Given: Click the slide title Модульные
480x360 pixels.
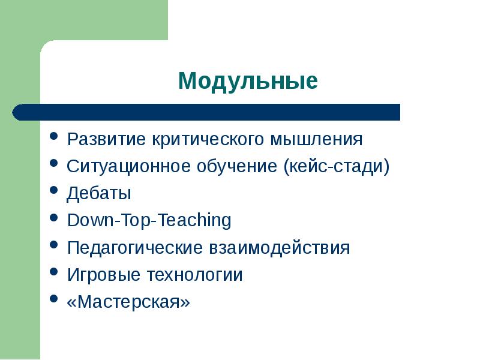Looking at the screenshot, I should click(x=247, y=80).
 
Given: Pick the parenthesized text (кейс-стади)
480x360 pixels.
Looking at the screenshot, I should click(x=337, y=167).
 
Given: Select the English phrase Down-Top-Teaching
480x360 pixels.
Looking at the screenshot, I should click(x=149, y=221).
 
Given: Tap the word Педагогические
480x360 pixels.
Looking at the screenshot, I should click(x=135, y=248).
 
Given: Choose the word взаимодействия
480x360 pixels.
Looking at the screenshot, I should click(x=279, y=248).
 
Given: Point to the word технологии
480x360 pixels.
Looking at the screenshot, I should click(x=193, y=275).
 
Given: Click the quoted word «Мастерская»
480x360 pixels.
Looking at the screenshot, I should click(x=128, y=302).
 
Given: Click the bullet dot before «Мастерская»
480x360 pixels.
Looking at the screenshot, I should click(x=54, y=299).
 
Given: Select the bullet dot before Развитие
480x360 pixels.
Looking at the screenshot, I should click(x=54, y=137).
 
